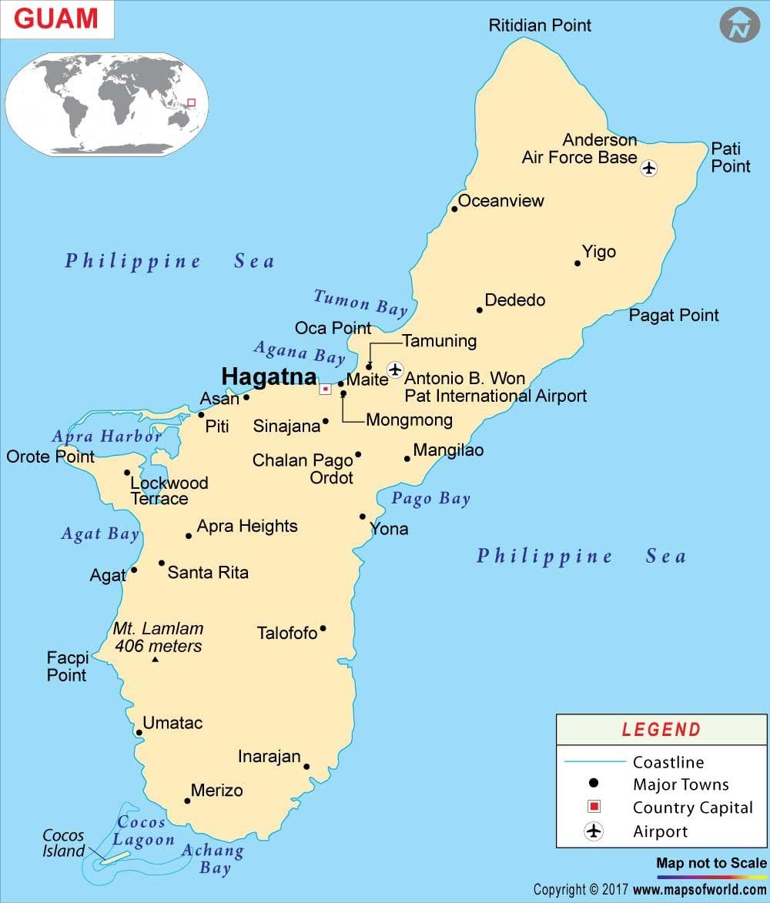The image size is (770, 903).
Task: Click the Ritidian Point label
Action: (x=540, y=25)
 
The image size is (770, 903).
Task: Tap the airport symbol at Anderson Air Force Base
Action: (x=649, y=167)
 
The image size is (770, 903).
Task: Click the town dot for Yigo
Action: (x=577, y=263)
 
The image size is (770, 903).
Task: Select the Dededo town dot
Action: (x=480, y=310)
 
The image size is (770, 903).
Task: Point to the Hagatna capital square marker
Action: (x=326, y=390)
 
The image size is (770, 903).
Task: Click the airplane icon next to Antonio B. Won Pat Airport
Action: (x=395, y=370)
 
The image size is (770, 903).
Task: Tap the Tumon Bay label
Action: (x=360, y=302)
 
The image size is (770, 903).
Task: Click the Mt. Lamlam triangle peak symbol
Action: (x=156, y=660)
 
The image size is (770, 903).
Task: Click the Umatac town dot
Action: (x=139, y=732)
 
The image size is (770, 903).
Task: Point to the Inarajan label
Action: (x=269, y=756)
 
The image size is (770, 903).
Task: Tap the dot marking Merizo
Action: (x=187, y=801)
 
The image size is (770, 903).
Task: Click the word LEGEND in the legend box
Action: (x=661, y=730)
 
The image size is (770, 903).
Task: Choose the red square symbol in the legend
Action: (x=594, y=807)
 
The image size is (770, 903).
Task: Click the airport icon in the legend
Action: (x=594, y=831)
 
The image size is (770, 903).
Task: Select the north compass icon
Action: (x=739, y=26)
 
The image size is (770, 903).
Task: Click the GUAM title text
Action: (x=56, y=19)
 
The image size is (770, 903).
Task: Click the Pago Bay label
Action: (x=430, y=499)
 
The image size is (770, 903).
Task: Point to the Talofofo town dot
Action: (x=323, y=629)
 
